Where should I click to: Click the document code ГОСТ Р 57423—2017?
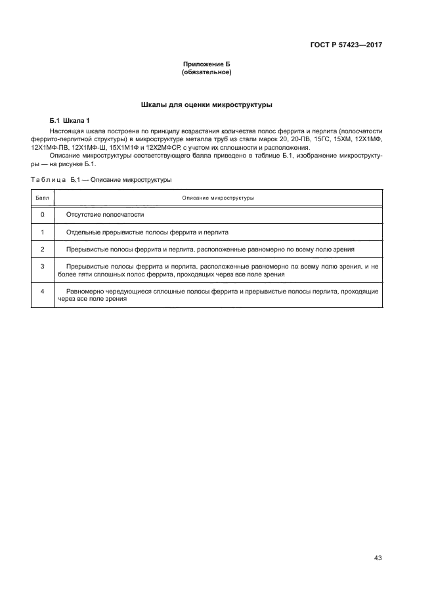(346, 45)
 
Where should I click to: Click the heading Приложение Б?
(207, 64)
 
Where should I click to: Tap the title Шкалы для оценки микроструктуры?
(207, 104)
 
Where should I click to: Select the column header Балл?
(42, 197)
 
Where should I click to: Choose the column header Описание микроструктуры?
(219, 197)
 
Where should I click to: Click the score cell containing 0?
(42, 215)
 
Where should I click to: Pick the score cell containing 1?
(42, 232)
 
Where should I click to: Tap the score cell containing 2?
(42, 250)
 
